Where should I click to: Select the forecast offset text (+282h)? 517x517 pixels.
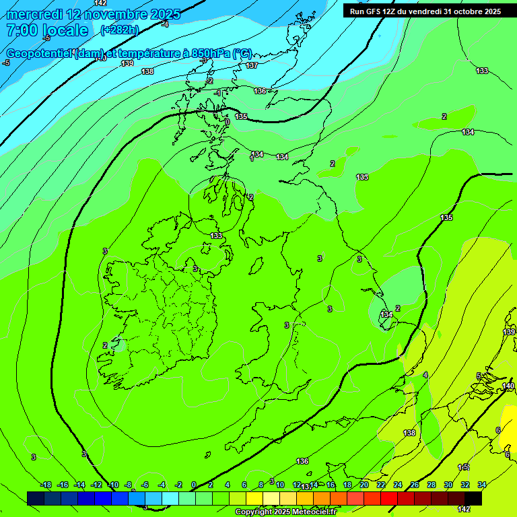(119, 30)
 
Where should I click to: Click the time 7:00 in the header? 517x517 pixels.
(22, 30)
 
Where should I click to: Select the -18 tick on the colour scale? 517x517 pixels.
(46, 485)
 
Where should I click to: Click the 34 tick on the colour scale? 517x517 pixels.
(482, 485)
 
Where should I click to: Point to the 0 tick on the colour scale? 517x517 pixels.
(194, 485)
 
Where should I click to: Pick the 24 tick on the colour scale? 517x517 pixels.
(398, 485)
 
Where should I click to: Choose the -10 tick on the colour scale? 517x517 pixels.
(113, 485)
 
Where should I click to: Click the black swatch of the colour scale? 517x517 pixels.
(473, 498)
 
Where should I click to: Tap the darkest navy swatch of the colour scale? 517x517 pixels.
(36, 498)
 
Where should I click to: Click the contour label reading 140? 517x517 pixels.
(508, 386)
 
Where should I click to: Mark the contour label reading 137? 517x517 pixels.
(252, 65)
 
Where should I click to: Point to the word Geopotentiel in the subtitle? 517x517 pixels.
(37, 53)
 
